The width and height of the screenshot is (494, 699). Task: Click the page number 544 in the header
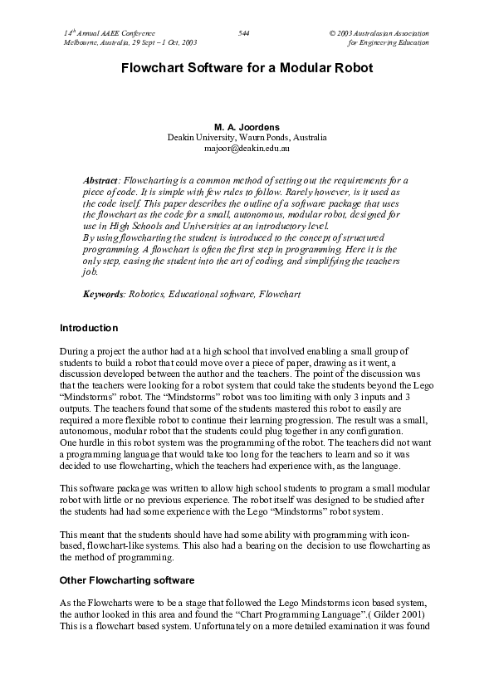[x=243, y=32]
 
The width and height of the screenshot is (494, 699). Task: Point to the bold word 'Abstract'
[x=101, y=180]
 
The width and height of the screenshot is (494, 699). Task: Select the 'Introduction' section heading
[x=90, y=328]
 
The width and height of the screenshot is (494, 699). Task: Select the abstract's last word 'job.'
[x=90, y=271]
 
